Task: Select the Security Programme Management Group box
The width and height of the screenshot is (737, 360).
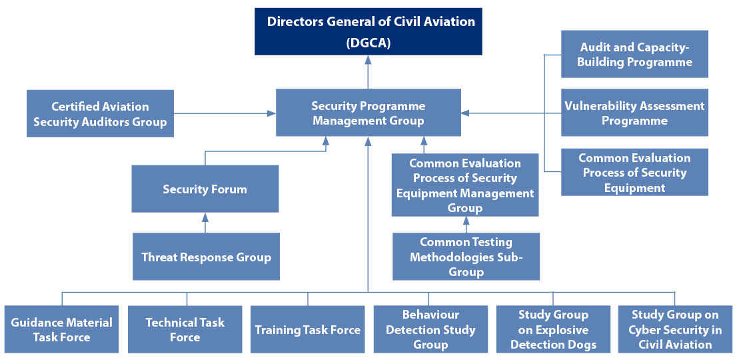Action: coord(368,113)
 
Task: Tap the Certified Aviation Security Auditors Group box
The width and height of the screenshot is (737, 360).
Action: coord(100,114)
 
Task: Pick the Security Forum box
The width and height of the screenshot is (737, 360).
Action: coord(205,189)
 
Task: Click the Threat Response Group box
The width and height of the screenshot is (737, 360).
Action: coord(206,257)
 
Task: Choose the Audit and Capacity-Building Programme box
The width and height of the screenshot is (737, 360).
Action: coord(634,54)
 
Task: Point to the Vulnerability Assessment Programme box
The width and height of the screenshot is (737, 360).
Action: coord(634,113)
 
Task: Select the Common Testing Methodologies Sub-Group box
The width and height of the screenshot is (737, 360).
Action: coord(466,257)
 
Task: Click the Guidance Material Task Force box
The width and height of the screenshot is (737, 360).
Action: coord(61,329)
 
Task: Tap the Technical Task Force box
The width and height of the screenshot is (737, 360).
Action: coord(185,329)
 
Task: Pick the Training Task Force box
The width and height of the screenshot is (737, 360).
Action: coord(307,329)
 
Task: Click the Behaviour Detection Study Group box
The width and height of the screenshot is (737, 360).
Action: coord(430,329)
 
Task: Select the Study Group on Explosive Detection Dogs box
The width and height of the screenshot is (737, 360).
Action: coord(553,329)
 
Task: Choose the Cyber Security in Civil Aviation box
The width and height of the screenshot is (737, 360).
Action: coord(675,329)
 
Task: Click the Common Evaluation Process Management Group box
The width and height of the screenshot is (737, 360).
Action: coord(465,185)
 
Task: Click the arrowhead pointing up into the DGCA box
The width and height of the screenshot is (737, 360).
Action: coord(368,60)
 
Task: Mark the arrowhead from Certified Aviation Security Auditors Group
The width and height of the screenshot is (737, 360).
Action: coord(271,113)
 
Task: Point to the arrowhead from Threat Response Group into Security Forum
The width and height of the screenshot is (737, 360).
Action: coord(205,217)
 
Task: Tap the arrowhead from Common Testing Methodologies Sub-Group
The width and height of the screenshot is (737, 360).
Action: coord(466,221)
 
